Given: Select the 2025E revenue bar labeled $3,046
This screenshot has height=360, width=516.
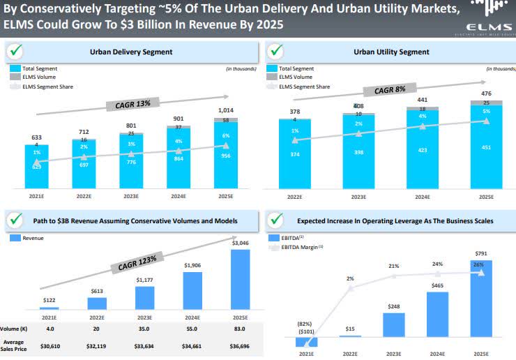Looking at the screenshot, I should tap(240, 279).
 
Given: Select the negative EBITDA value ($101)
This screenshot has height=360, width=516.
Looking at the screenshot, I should tap(305, 332).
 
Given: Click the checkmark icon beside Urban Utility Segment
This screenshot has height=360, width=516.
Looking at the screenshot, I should tap(277, 51).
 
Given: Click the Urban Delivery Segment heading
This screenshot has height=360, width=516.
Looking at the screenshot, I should tap(131, 52).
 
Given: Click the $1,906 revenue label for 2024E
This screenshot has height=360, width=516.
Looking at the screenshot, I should tap(192, 265).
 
